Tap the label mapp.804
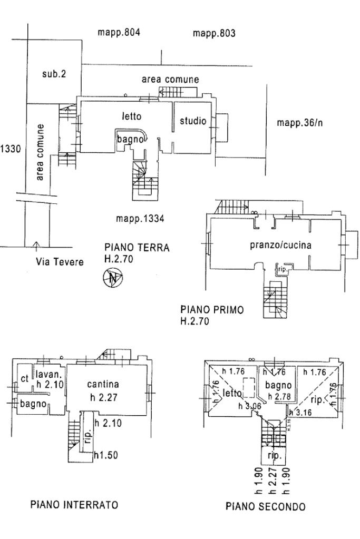click(x=119, y=33)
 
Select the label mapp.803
click(x=213, y=34)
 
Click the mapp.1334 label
click(x=140, y=218)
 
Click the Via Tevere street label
click(x=60, y=261)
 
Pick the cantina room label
click(x=103, y=384)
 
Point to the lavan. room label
click(x=50, y=374)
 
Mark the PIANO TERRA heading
click(x=137, y=248)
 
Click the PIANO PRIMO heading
click(x=212, y=310)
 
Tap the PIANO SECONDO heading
click(x=265, y=507)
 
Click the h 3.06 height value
click(x=253, y=406)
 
